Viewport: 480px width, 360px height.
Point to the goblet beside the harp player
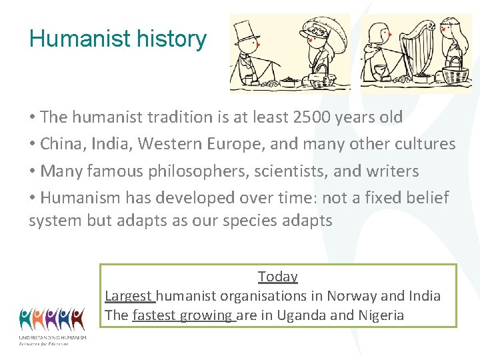coord(380,72)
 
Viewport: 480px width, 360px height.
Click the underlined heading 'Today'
coord(277,276)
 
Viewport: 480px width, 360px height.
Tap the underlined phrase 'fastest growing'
coord(183,315)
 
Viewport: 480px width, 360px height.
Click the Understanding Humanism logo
coord(52,325)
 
